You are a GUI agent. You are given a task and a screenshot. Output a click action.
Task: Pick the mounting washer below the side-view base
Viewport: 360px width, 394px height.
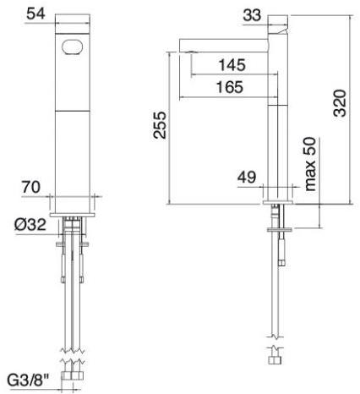tap(277, 229)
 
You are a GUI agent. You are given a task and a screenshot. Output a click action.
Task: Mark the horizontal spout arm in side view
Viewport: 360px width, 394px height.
tap(224, 44)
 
